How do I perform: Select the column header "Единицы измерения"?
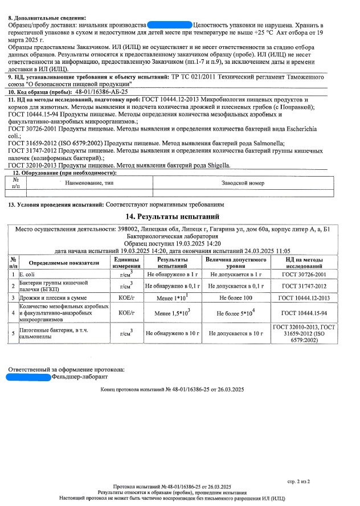tap(122, 263)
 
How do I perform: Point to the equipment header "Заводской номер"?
tap(243, 183)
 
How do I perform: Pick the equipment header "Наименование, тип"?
tap(90, 183)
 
